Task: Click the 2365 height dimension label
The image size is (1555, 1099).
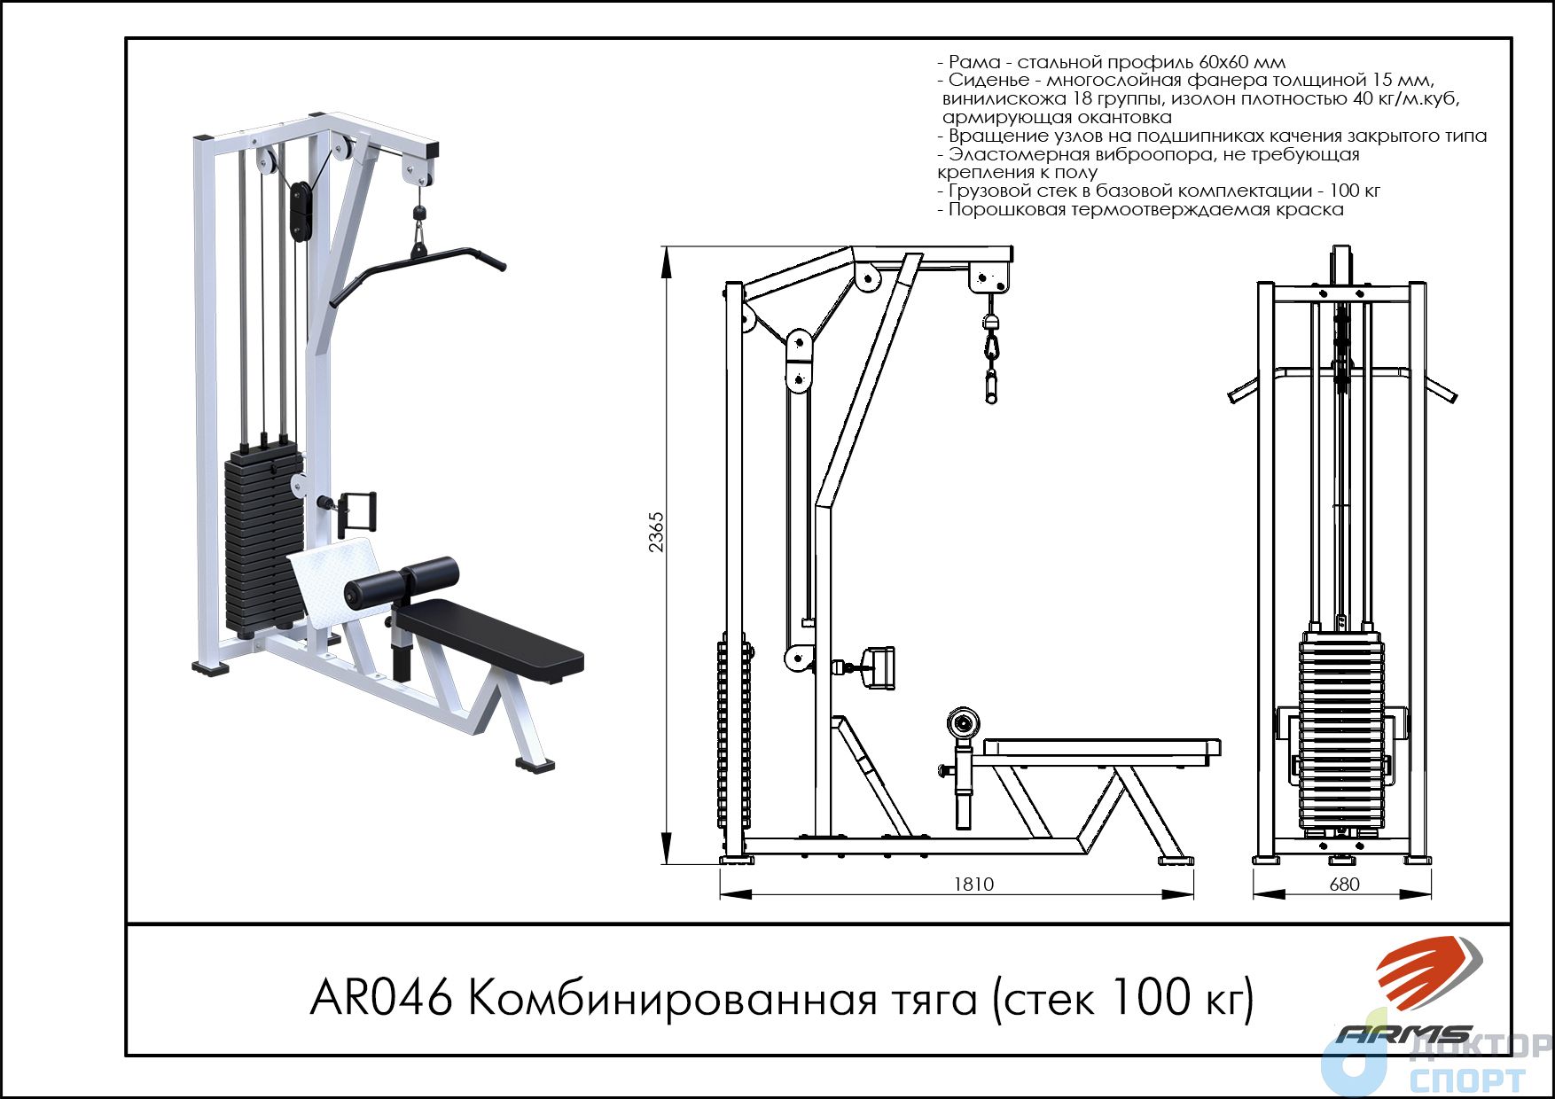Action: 656,532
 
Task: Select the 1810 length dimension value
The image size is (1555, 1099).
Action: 973,884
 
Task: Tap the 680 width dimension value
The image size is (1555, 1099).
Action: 1345,884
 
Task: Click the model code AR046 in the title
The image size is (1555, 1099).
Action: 381,999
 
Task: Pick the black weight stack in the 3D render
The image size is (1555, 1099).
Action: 264,541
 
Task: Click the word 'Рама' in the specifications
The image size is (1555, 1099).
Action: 975,62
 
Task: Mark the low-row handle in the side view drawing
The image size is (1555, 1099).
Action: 872,666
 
